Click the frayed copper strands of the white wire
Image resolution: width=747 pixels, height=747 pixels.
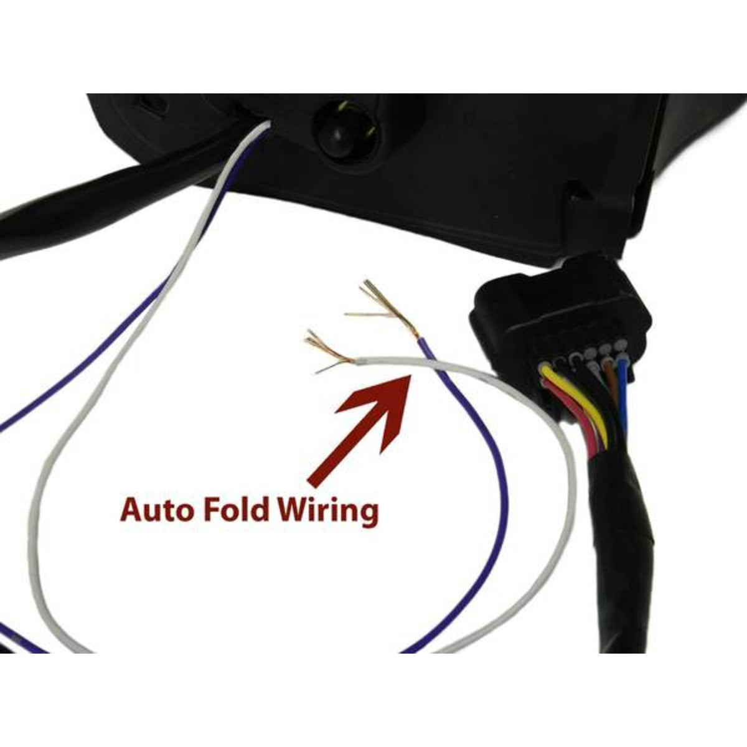click(x=329, y=353)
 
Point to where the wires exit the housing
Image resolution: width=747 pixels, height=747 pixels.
click(x=266, y=124)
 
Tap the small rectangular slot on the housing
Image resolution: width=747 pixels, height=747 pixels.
click(x=151, y=105)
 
